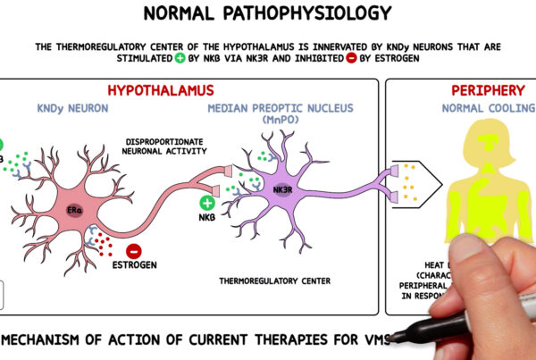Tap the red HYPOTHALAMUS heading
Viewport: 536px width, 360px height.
[x=161, y=90]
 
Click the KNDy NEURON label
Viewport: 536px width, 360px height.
[x=73, y=110]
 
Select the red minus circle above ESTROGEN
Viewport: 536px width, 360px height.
[x=135, y=254]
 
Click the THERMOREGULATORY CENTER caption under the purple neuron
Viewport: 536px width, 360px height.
[x=275, y=280]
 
